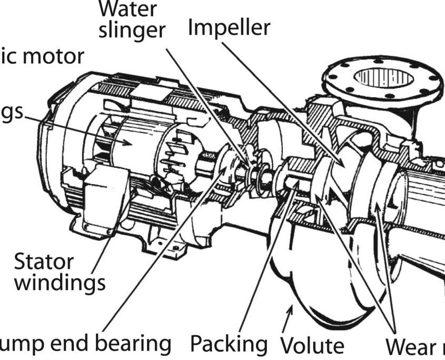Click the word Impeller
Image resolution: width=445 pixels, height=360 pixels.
(x=229, y=27)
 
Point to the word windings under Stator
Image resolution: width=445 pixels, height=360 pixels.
(x=60, y=283)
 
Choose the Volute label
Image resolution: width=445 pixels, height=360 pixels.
(x=312, y=346)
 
